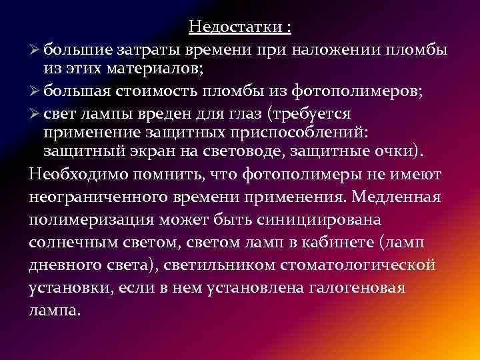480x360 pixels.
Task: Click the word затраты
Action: coord(142,50)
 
